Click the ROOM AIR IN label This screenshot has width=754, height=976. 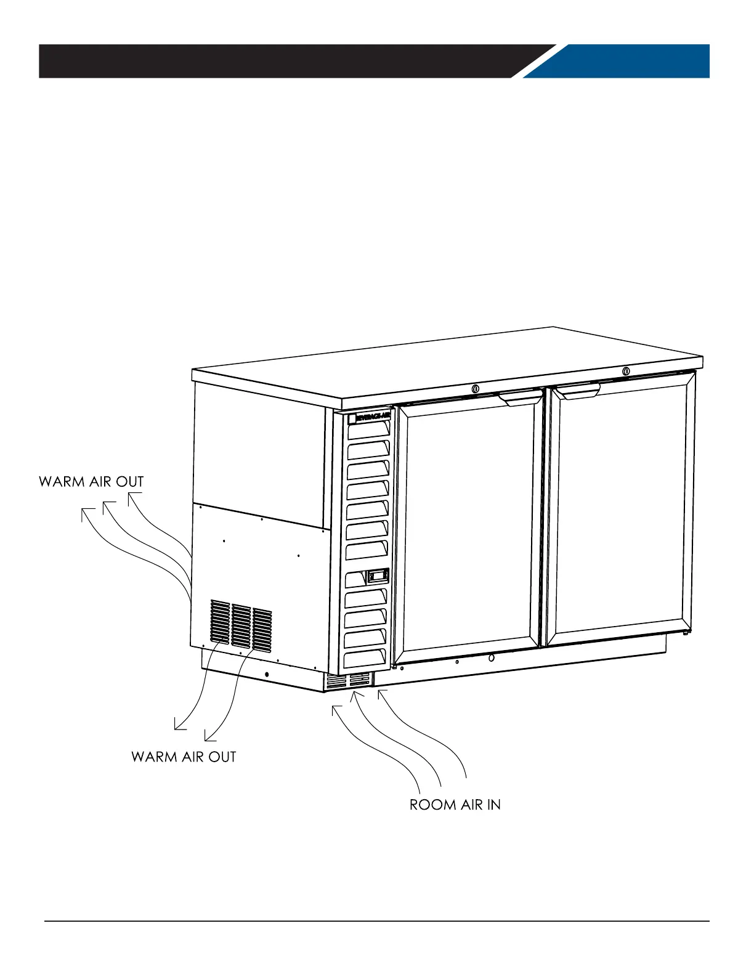point(455,805)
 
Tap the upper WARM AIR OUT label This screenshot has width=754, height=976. point(91,481)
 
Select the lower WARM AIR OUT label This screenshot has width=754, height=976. point(184,757)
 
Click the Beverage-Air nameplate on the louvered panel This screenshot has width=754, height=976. point(368,417)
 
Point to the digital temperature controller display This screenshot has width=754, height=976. point(377,576)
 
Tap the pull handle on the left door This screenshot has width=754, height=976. point(521,398)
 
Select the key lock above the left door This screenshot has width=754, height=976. point(476,389)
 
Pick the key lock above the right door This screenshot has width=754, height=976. point(626,371)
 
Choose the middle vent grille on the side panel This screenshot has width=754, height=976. point(241,626)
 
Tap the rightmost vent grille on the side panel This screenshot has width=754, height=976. point(262,630)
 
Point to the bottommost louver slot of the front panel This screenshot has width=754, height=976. point(366,657)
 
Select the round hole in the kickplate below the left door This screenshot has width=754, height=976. point(491,657)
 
